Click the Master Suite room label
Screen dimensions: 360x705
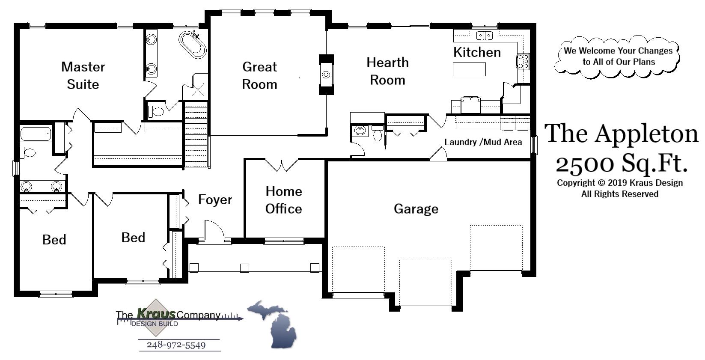click(83, 75)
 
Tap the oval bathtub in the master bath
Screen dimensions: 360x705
click(192, 44)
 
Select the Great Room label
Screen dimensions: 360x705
click(259, 75)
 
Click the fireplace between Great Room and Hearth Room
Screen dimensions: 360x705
click(326, 74)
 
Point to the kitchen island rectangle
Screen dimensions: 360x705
click(469, 69)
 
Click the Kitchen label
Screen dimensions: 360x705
click(477, 52)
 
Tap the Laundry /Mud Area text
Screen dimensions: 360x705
click(483, 142)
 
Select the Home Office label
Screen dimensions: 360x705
click(283, 200)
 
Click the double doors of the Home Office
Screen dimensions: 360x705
click(282, 165)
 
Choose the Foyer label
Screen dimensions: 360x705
click(215, 200)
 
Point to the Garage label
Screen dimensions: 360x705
click(416, 209)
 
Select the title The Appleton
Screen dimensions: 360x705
click(621, 134)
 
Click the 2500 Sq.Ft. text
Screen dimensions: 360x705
click(621, 163)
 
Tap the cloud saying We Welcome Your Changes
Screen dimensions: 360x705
click(618, 56)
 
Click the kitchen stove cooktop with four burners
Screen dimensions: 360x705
click(523, 61)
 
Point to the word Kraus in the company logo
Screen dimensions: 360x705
click(156, 314)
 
